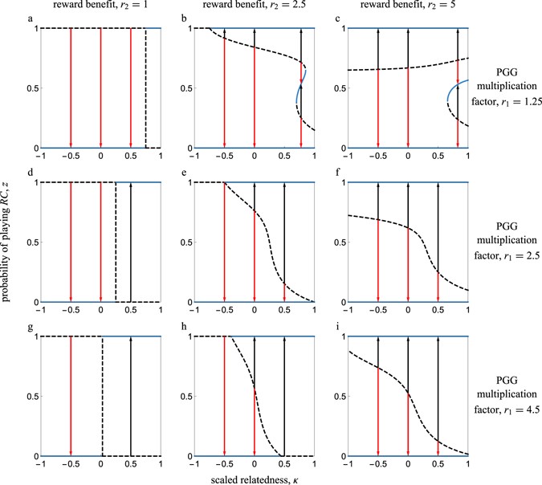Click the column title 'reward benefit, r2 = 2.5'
click(253, 7)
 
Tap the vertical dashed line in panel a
click(145, 88)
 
